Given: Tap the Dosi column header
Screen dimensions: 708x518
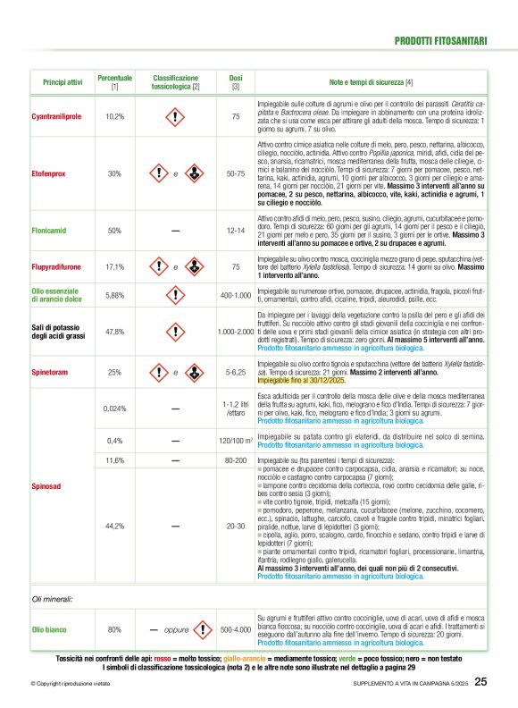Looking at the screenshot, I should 236,82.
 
